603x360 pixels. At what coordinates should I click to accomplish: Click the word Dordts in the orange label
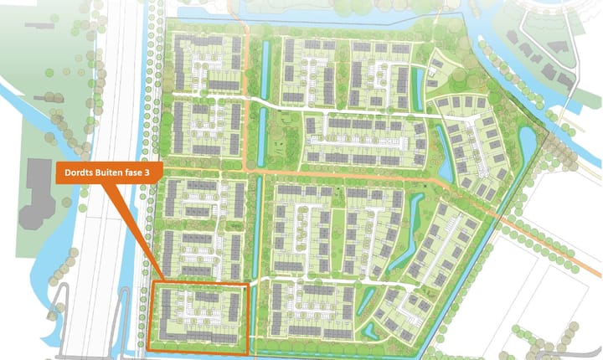click(x=79, y=174)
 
